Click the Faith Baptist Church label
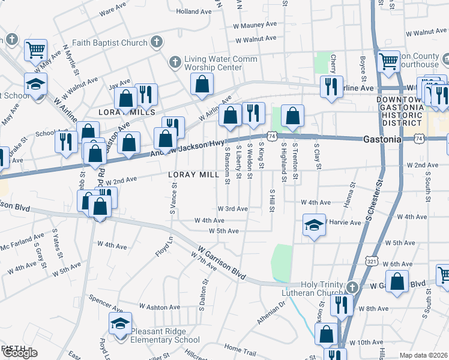point(109,43)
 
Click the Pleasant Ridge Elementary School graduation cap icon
point(120,323)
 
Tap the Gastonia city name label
point(382,139)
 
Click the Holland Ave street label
point(194,11)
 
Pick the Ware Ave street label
point(112,11)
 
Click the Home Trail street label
point(240,348)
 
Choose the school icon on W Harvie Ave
point(314,226)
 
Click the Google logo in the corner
point(19,353)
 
